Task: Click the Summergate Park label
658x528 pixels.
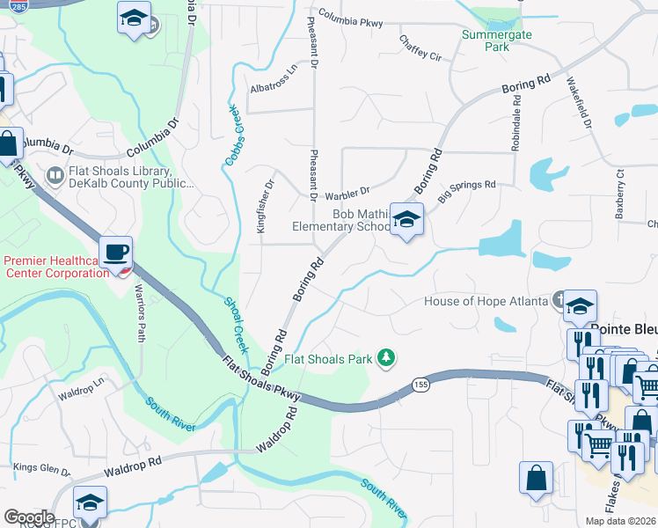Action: (x=486, y=40)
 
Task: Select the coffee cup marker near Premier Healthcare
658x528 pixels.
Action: (x=116, y=253)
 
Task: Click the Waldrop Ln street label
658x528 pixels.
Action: (x=81, y=390)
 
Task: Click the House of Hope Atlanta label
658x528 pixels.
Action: (x=486, y=300)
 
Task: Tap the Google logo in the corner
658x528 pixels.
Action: (x=28, y=517)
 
